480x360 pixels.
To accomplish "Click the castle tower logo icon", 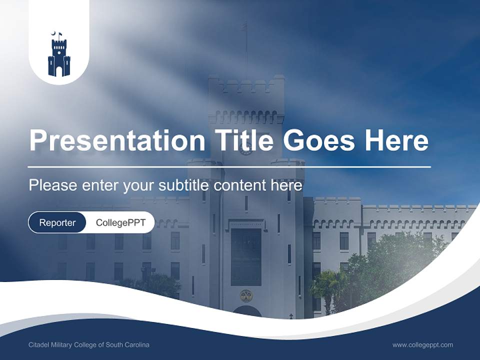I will (x=59, y=56).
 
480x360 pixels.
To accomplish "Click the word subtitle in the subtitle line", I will (x=184, y=185).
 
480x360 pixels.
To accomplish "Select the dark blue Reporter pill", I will (x=57, y=222).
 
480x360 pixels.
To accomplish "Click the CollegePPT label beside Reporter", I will (x=120, y=222).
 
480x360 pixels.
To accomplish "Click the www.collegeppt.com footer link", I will (x=422, y=345).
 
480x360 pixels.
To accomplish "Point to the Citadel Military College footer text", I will (x=89, y=345).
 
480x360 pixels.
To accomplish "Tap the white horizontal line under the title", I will (x=229, y=166).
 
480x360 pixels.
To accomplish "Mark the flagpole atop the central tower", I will (x=245, y=47).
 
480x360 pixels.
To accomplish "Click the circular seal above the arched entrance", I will (x=246, y=295).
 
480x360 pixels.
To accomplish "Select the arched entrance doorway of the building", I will (x=246, y=312).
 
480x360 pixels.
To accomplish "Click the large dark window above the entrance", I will (x=246, y=256).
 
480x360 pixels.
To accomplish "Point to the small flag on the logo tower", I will (x=60, y=34).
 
